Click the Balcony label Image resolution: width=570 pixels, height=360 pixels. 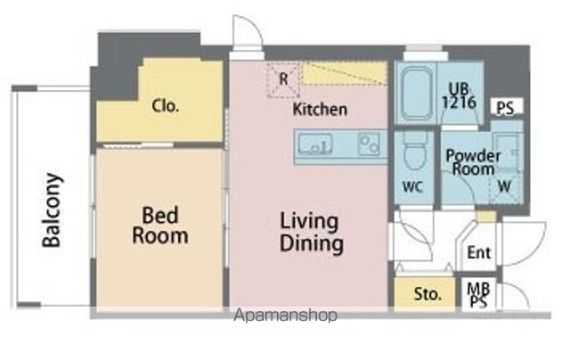coord(53,209)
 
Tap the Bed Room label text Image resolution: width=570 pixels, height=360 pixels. coord(160,225)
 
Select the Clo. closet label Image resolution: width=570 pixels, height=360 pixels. coord(166,106)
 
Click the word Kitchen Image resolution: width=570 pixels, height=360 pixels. coord(320,110)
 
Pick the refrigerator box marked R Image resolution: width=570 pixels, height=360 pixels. coord(283,78)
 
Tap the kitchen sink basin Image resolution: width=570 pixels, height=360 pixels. coord(315,143)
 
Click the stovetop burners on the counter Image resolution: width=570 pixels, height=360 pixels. coord(369,143)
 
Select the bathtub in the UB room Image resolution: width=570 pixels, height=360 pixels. coord(417,94)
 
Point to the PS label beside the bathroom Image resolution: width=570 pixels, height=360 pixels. coord(506,109)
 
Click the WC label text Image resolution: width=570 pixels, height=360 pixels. coord(411,188)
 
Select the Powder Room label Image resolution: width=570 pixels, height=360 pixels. coord(473,160)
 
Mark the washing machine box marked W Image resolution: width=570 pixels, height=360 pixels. coord(505,186)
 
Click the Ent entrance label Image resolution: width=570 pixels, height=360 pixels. coord(479,253)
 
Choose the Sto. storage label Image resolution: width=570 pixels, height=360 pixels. coord(427,294)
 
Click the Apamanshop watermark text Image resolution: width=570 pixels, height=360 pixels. coord(285,315)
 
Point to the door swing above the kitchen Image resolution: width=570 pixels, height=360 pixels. coord(246,33)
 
